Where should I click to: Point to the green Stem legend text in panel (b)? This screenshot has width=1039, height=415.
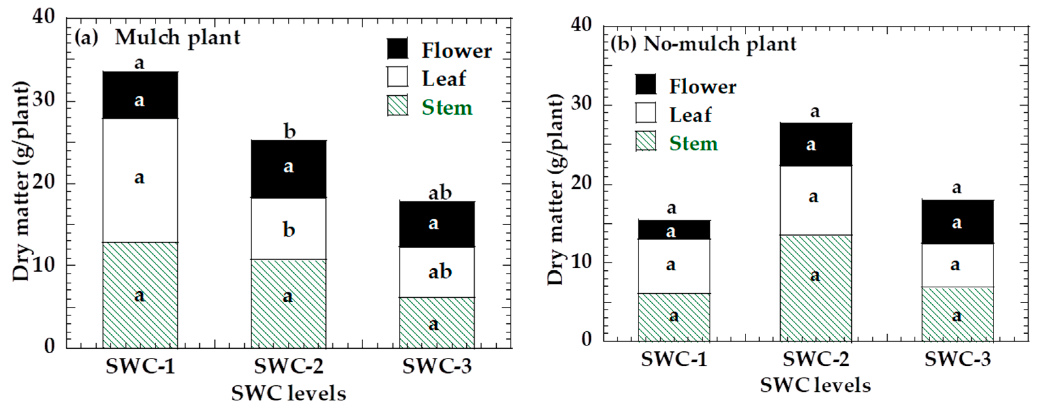pos(693,144)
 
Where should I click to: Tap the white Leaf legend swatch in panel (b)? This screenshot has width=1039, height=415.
pos(645,113)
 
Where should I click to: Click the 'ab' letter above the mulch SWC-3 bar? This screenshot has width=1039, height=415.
pos(440,193)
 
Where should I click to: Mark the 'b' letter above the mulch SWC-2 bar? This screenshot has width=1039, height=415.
pos(289,132)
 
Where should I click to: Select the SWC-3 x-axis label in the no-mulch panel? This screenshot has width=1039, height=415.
pos(957,359)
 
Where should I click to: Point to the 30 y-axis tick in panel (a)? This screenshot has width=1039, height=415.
pos(43,100)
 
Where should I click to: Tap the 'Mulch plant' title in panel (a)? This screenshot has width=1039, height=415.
pos(178,38)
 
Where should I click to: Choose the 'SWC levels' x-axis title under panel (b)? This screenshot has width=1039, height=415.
pos(815,385)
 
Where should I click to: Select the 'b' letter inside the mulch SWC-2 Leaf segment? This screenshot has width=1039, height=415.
pos(289,230)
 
